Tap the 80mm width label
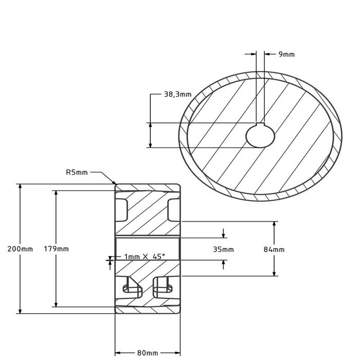pos(148,353)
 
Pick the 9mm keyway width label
pos(286,53)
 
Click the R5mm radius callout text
pos(77,173)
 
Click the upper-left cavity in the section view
pos(122,209)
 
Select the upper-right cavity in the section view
pos(173,209)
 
